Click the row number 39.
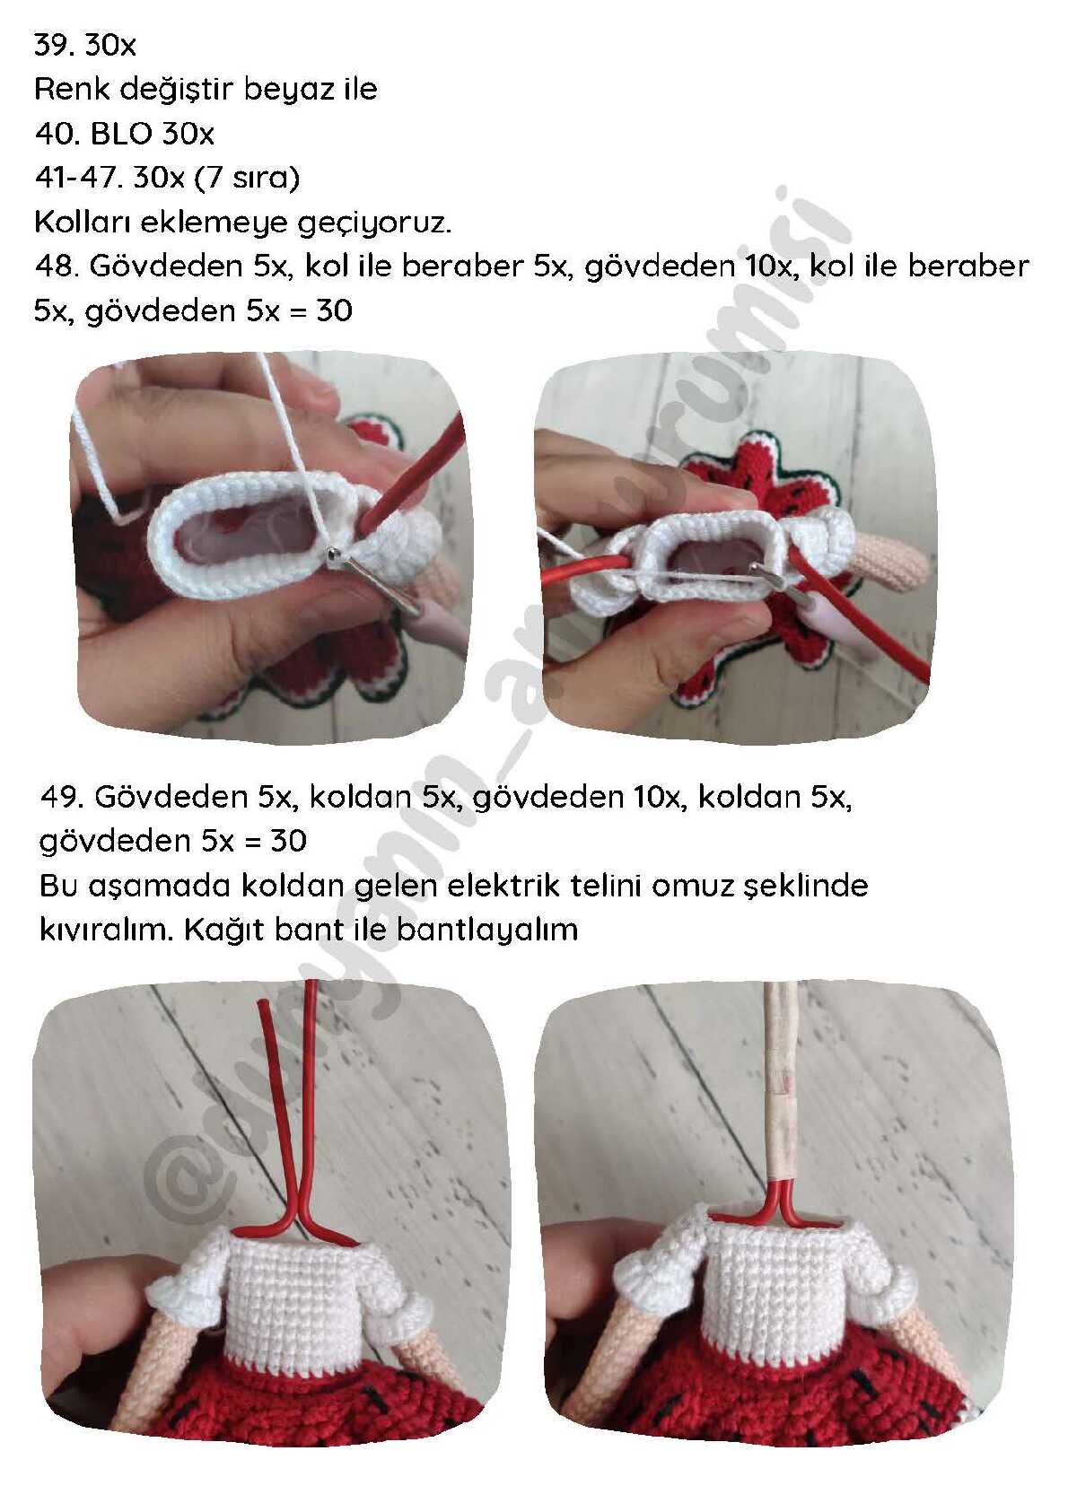(53, 45)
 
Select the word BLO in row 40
(120, 134)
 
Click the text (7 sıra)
(247, 178)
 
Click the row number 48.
(53, 266)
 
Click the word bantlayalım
(486, 931)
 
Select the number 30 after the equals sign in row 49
(288, 841)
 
